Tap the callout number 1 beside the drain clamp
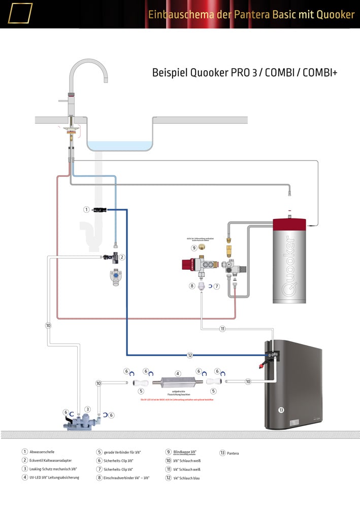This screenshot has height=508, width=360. [x=86, y=209]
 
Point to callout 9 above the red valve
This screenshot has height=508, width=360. [x=194, y=248]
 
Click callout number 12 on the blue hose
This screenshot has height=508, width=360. [x=190, y=355]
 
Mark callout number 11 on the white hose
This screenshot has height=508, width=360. [x=222, y=329]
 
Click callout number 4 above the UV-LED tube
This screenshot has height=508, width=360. [x=178, y=374]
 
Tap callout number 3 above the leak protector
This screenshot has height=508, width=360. [x=87, y=409]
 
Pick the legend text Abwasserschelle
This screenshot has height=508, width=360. [x=42, y=452]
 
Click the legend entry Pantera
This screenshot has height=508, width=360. [x=233, y=453]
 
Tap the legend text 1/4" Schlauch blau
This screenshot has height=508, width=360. [x=186, y=478]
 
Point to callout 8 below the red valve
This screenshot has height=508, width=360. [x=192, y=286]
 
